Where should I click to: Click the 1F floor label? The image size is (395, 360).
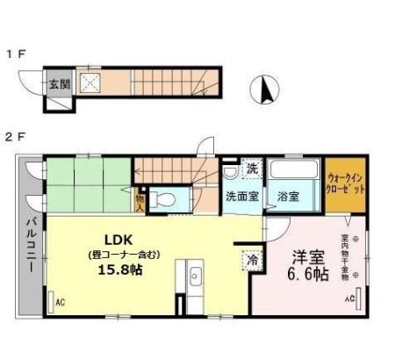(x=17, y=54)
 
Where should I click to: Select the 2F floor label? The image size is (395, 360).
(x=17, y=137)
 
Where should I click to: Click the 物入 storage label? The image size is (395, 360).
(x=138, y=202)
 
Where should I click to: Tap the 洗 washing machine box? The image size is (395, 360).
(x=251, y=167)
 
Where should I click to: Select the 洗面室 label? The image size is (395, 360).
(x=241, y=197)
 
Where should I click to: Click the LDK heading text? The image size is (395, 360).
(x=118, y=240)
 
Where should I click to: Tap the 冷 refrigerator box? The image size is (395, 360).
(x=251, y=260)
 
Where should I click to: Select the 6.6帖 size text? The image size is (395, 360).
(x=309, y=275)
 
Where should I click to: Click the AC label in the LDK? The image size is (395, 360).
(x=61, y=302)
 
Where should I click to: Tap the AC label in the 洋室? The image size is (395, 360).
(x=348, y=299)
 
